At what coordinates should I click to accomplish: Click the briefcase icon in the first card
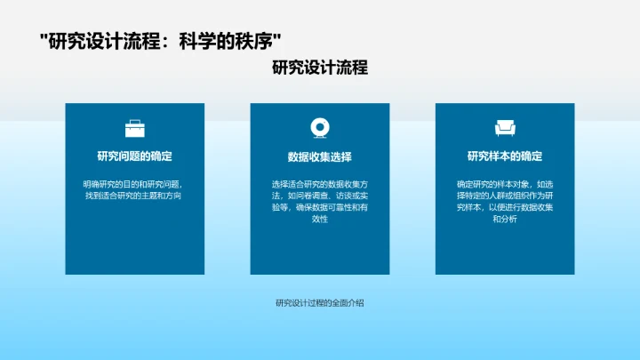tap(134, 128)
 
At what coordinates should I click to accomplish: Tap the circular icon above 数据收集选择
tap(319, 128)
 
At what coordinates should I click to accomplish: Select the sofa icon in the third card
tap(505, 128)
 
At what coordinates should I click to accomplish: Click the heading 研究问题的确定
tap(134, 156)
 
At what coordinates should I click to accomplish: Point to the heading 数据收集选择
tap(319, 157)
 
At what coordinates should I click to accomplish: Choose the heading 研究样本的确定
tap(505, 156)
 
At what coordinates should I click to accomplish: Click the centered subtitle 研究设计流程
tap(319, 68)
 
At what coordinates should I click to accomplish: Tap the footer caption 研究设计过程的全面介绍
tap(319, 302)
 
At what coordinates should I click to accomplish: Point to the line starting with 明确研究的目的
tap(134, 184)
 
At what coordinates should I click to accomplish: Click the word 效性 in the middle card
tap(319, 219)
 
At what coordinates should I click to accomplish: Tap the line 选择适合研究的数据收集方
tap(319, 184)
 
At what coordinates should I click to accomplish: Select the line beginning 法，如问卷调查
tap(319, 196)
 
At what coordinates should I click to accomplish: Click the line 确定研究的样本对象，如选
tap(505, 184)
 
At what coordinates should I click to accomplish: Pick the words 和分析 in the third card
tap(505, 219)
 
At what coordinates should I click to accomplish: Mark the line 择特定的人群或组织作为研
tap(505, 196)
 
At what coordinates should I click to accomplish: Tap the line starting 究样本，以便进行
tap(505, 207)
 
